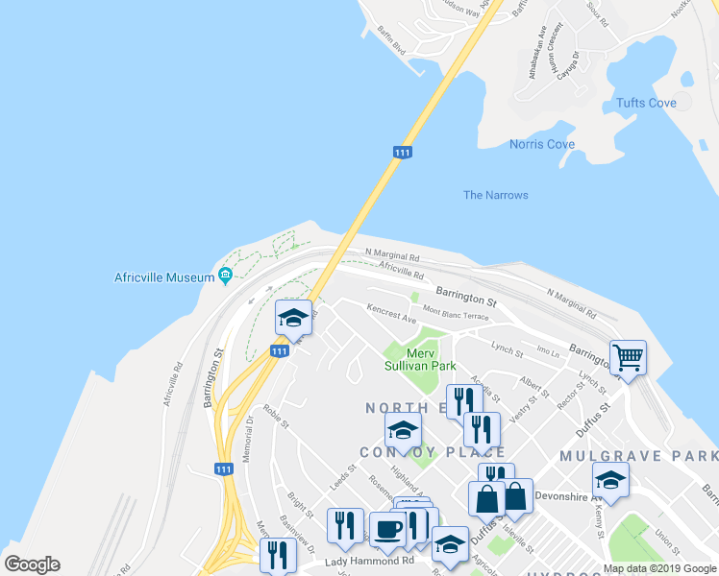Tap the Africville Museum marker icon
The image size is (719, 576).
226,277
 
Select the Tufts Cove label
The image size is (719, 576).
646,104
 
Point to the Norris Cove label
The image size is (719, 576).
542,145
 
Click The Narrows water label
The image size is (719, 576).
495,196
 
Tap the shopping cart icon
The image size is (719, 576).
628,358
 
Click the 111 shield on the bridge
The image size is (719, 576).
403,153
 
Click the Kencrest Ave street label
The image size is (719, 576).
390,313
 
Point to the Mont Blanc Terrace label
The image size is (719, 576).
457,313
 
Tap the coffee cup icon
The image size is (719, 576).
387,529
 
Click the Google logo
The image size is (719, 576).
33,564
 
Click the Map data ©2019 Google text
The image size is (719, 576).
659,568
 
